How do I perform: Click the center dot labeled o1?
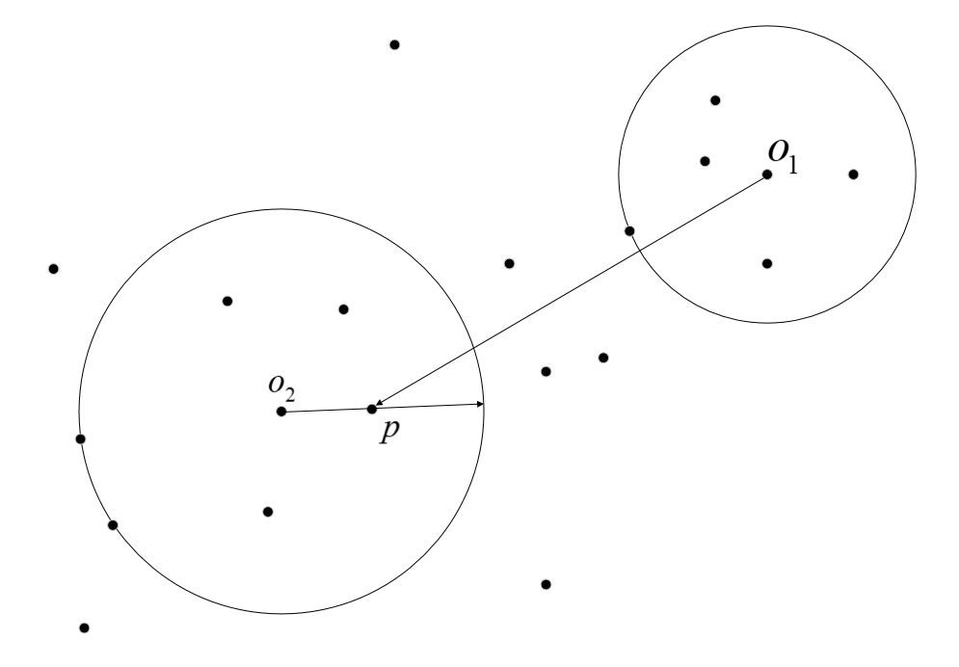coord(767,174)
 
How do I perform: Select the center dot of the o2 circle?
coord(280,412)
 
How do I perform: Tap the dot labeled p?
coord(372,409)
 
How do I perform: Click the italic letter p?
coord(387,431)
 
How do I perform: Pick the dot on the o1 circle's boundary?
coord(629,231)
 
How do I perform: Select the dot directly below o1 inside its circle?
coord(767,263)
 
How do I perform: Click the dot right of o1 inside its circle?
coord(853,174)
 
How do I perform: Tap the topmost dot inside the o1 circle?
coord(715,100)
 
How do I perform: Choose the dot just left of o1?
coord(705,161)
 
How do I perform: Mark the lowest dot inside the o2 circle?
coord(268,512)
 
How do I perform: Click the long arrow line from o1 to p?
coord(569,291)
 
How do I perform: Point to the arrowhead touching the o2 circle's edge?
coord(478,405)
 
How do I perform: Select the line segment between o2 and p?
coord(326,411)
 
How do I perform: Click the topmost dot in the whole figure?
coord(394,45)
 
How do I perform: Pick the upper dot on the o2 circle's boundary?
coord(80,440)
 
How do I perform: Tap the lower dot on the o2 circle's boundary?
coord(113,525)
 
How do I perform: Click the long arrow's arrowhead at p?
coord(380,403)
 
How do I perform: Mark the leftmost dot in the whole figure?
coord(54,269)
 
